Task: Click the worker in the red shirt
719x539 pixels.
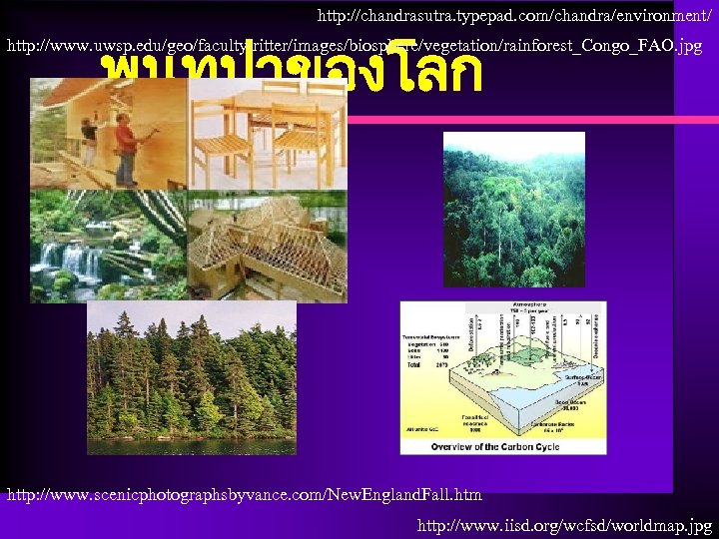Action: pyautogui.click(x=126, y=148)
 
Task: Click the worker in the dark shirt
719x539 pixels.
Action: pyautogui.click(x=89, y=141)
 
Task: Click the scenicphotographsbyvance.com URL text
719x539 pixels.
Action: pyautogui.click(x=245, y=495)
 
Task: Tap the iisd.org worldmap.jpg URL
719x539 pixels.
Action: pyautogui.click(x=564, y=524)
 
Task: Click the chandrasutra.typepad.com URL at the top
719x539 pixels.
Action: pyautogui.click(x=516, y=16)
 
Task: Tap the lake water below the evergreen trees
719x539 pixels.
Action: pyautogui.click(x=190, y=444)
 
